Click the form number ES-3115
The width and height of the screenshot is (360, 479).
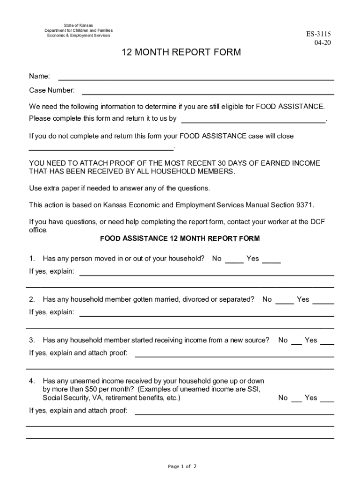click(318, 34)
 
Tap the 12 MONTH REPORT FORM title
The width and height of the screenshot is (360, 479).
click(181, 52)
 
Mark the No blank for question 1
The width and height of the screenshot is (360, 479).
click(234, 261)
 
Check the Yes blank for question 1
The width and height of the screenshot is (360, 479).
click(271, 261)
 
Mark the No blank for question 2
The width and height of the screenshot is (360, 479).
click(285, 302)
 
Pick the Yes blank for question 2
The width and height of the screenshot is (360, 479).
click(323, 302)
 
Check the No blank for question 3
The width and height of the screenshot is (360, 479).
click(296, 343)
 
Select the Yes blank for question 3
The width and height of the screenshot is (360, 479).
click(327, 343)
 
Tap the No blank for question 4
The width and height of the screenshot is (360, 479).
click(296, 400)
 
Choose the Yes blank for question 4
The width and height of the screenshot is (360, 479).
click(327, 400)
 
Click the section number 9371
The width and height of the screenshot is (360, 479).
click(304, 205)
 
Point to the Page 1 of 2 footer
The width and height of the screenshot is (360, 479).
click(182, 466)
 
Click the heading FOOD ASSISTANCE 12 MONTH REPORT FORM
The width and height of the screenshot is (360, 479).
click(180, 239)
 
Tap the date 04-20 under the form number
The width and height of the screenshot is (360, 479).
click(322, 43)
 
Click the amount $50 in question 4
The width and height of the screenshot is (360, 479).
click(91, 390)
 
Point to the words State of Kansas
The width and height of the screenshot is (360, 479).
click(79, 25)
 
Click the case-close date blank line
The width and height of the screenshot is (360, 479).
click(101, 148)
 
